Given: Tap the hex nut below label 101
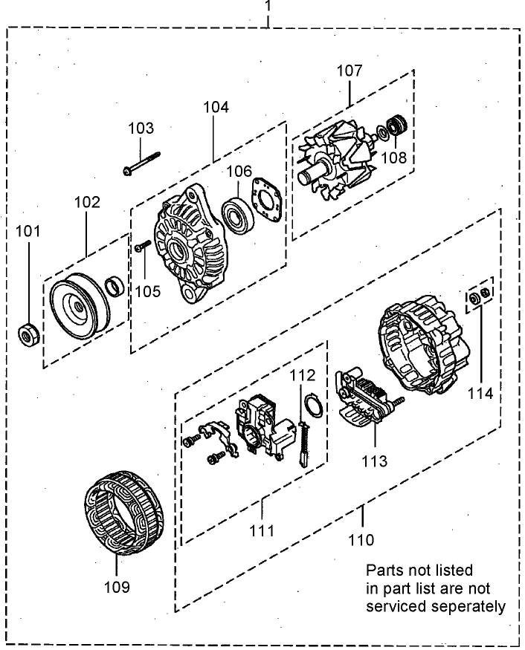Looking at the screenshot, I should click(28, 337).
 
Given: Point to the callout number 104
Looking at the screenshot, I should click(216, 107).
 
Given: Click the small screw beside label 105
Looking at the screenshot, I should click(141, 247).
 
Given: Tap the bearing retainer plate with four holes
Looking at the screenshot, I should click(266, 199).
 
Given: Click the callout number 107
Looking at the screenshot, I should click(349, 71).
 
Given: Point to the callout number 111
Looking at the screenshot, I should click(262, 530).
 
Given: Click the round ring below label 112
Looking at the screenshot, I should click(313, 405).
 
